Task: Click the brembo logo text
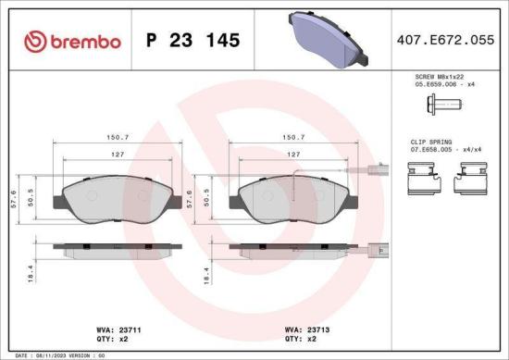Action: pos(70,41)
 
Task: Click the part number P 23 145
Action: pos(193,41)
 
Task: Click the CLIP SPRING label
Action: pos(430,142)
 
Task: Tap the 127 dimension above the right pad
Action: pos(292,155)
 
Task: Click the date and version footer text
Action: pos(56,354)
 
